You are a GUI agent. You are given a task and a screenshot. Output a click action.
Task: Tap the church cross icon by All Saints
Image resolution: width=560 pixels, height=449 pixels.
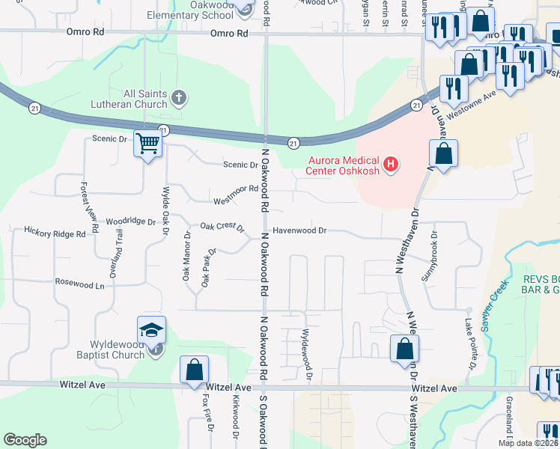pyautogui.click(x=178, y=97)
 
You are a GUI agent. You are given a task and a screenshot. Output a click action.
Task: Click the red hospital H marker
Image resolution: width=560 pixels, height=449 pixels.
pyautogui.click(x=389, y=164)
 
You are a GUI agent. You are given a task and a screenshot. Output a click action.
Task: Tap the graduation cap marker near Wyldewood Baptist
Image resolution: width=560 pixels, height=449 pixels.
pyautogui.click(x=150, y=330)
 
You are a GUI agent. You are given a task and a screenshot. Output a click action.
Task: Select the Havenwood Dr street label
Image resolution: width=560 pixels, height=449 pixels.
pyautogui.click(x=299, y=231)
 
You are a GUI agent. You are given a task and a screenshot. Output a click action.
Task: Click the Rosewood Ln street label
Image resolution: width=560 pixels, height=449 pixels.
pyautogui.click(x=79, y=284)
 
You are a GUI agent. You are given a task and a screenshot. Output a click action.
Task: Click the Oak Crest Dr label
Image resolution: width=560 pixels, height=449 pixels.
pyautogui.click(x=222, y=227)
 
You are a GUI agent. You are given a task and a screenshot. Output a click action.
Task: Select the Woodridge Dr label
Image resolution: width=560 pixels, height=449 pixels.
pyautogui.click(x=130, y=222)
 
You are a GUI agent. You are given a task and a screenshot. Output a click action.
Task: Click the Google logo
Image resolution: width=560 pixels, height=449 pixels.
pyautogui.click(x=24, y=440)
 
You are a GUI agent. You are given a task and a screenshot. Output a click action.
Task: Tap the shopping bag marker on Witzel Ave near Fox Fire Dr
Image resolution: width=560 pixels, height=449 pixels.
pyautogui.click(x=194, y=370)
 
